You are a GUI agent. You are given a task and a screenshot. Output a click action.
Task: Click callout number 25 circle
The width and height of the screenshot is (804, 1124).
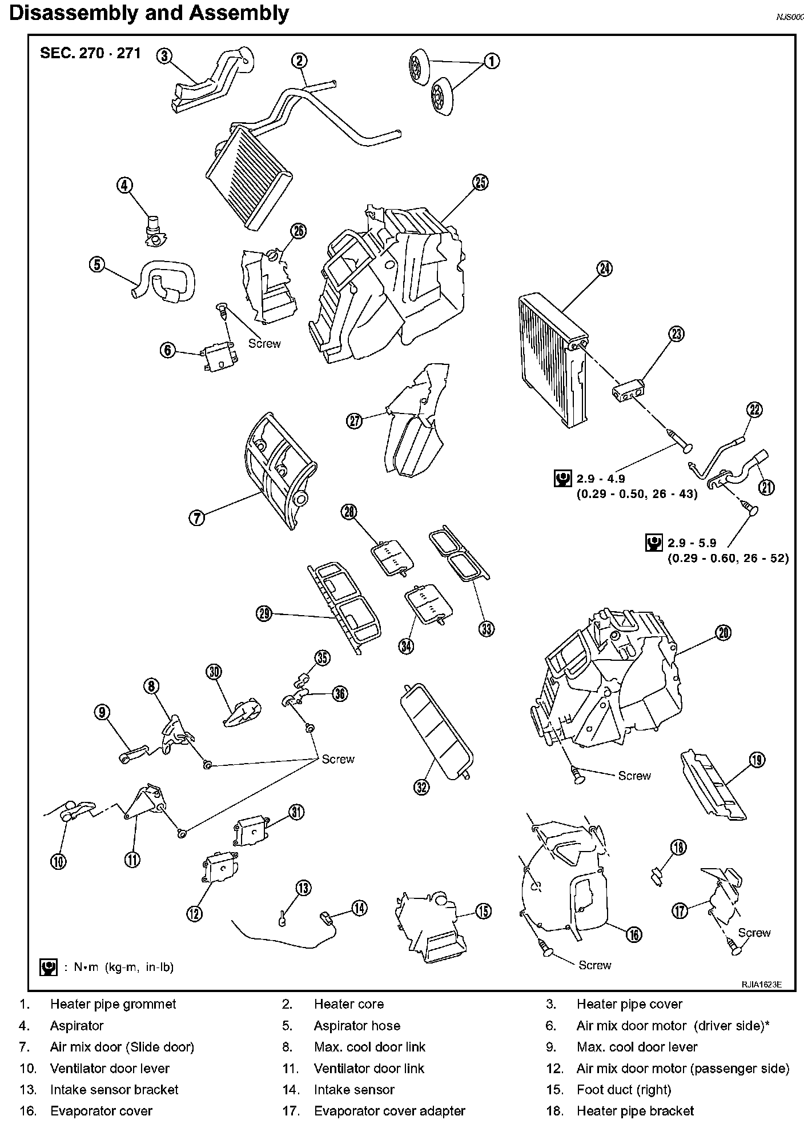480,182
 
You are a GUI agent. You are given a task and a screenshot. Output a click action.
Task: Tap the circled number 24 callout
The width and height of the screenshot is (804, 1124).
604,268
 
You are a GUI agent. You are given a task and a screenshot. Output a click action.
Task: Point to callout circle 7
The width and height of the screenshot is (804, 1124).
196,518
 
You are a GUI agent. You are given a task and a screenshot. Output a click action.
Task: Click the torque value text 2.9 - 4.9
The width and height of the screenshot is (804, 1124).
600,479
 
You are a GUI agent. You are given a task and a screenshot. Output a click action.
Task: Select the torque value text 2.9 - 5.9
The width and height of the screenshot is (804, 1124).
692,543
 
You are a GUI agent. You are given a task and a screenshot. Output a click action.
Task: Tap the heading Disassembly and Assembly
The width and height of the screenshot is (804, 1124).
149,13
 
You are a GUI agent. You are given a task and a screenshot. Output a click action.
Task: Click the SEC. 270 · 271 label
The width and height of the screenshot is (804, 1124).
90,54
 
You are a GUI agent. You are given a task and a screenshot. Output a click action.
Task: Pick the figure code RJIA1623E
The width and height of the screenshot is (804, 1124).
761,984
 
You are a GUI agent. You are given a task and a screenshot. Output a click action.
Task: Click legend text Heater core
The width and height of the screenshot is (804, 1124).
348,1004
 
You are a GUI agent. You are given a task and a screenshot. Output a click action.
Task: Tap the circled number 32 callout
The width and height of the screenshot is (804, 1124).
421,787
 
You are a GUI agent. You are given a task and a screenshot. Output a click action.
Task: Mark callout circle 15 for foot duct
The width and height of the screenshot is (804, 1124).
483,910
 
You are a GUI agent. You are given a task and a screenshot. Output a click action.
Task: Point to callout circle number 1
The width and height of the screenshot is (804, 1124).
491,61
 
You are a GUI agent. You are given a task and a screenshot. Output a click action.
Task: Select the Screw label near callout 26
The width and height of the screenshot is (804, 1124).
264,343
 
